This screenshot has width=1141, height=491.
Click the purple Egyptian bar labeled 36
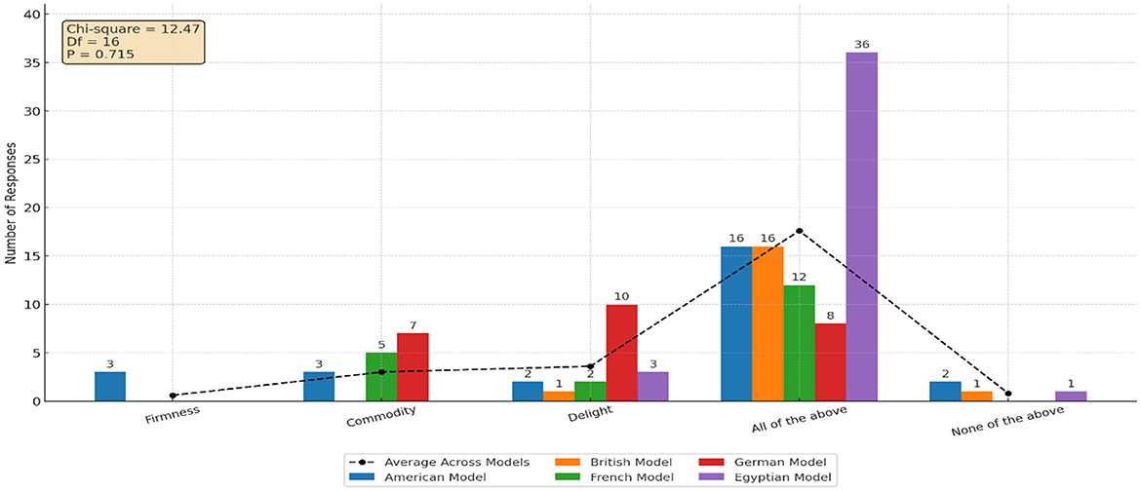point(861,226)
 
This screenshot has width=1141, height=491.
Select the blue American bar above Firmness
point(110,386)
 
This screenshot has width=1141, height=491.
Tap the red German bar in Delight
point(621,353)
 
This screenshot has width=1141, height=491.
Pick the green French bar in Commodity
point(381,376)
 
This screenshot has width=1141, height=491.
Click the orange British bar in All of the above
point(767,323)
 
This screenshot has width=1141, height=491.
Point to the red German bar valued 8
point(830,361)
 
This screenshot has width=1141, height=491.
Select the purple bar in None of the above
point(1070,396)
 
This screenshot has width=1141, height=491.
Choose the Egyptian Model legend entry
point(781,477)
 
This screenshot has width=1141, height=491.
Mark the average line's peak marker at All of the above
point(799,231)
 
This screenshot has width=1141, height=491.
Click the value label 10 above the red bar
point(621,296)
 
